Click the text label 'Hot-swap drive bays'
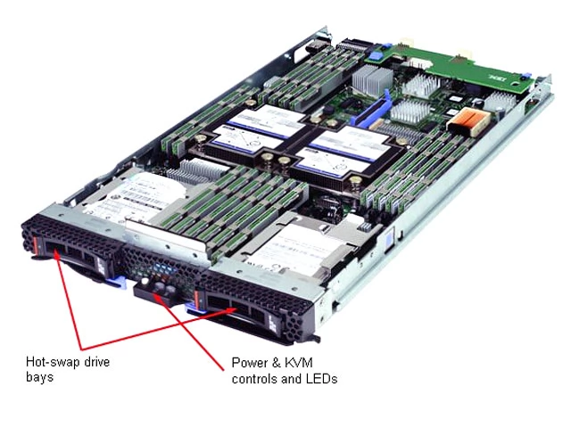click(x=67, y=369)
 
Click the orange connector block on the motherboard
click(x=465, y=121)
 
